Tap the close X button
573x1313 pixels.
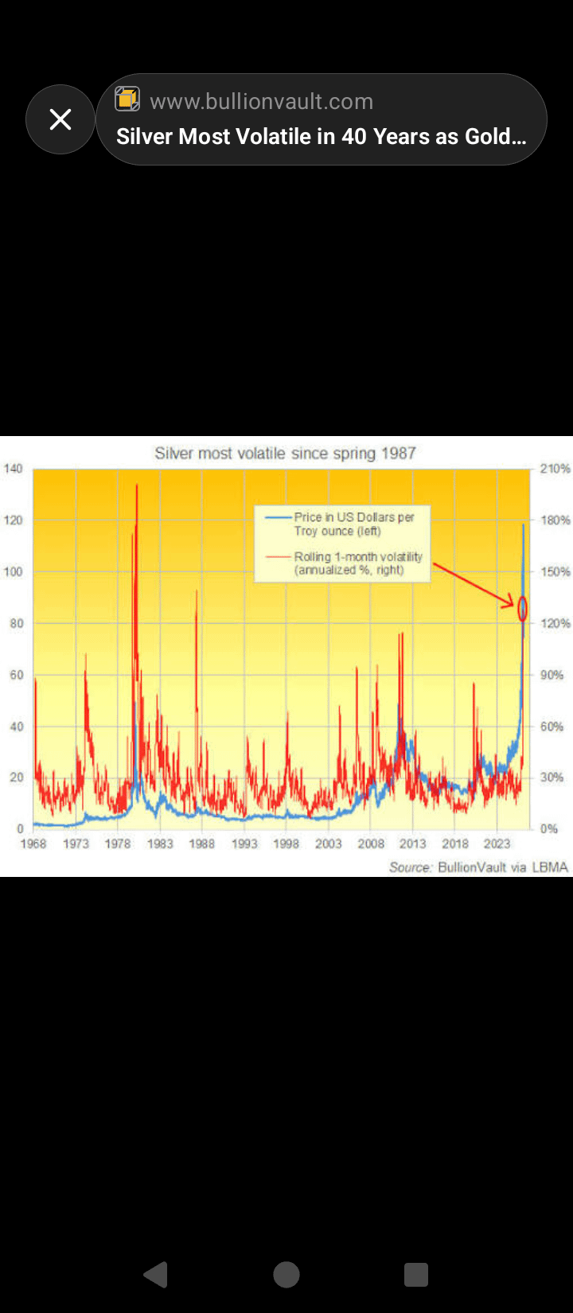[60, 119]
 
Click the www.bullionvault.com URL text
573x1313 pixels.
[261, 101]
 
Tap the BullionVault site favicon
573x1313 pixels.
[127, 99]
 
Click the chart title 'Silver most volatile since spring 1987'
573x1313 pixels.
[285, 454]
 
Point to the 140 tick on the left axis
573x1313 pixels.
[13, 469]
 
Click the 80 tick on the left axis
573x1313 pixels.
[16, 623]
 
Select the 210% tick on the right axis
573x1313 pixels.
[555, 469]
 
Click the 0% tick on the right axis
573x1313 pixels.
[549, 828]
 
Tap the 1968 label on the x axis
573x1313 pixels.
[33, 844]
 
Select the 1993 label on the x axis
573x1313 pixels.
[244, 844]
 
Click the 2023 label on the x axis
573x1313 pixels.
[497, 844]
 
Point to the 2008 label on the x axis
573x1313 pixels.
[371, 844]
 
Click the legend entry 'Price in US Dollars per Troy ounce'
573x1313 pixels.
[353, 524]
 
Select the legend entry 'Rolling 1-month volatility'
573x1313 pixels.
[357, 563]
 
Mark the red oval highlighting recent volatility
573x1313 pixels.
[523, 609]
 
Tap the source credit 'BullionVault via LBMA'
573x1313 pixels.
[502, 867]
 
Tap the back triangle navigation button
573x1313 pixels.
[156, 1274]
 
